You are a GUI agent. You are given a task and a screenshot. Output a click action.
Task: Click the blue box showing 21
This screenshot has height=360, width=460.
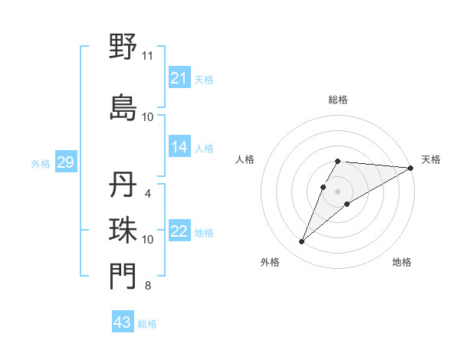179,78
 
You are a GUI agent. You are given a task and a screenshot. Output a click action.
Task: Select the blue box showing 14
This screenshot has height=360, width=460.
179,147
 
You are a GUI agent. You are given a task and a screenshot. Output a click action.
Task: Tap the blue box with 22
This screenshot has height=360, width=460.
179,231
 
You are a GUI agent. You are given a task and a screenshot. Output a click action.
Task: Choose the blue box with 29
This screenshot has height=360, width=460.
65,162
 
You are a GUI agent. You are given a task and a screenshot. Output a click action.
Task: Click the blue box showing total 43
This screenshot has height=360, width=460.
123,322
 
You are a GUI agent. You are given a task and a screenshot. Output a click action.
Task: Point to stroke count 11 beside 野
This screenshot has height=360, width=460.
147,56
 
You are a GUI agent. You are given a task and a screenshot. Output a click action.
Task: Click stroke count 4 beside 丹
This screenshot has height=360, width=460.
147,194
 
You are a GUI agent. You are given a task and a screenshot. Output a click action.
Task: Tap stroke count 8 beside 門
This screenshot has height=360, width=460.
147,286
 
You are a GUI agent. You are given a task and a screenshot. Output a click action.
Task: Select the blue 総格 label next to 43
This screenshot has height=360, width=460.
147,324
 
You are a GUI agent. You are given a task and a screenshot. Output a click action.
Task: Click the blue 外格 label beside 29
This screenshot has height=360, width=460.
41,163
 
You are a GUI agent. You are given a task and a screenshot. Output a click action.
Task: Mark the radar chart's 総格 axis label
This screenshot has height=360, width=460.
338,100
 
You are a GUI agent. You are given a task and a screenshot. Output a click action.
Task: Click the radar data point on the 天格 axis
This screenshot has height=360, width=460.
411,168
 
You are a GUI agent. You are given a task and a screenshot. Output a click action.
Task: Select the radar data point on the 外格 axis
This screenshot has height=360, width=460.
301,242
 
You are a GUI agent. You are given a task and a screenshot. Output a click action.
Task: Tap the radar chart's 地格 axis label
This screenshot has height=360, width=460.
402,262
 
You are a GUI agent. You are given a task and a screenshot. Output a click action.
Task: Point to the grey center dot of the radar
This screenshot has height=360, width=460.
338,191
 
